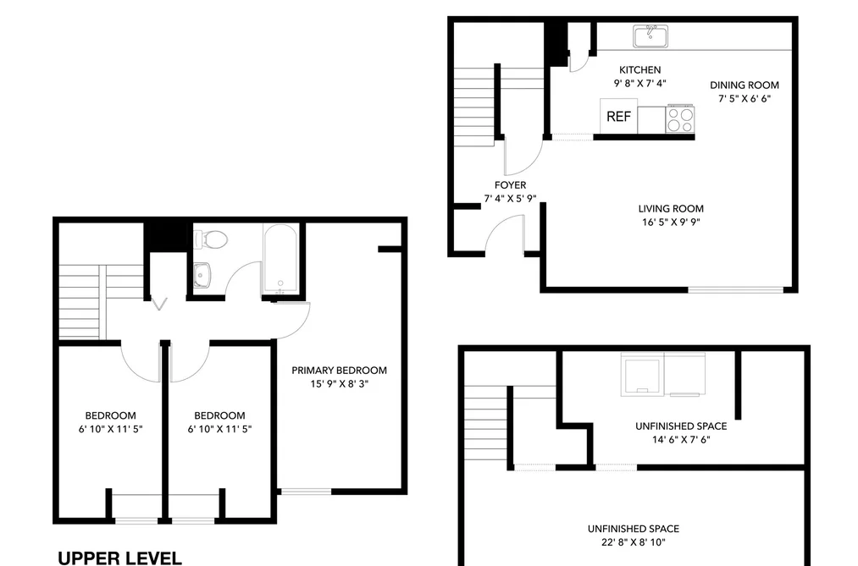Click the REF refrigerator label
(x=618, y=117)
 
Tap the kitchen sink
(x=650, y=36)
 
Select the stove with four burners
(x=680, y=119)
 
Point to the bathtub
(x=280, y=259)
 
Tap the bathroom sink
(x=202, y=274)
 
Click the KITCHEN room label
(x=639, y=70)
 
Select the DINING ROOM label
(x=745, y=85)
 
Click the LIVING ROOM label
(x=671, y=209)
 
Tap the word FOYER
(x=510, y=185)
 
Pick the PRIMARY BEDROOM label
(x=340, y=371)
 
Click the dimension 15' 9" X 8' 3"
(x=340, y=384)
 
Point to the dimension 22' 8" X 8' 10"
(x=634, y=542)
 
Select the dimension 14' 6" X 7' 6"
(x=681, y=440)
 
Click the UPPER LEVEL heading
(x=119, y=558)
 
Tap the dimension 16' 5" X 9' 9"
(x=671, y=223)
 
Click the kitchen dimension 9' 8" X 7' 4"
(x=639, y=84)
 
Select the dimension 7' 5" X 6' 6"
(x=745, y=99)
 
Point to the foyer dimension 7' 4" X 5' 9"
(x=510, y=199)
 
